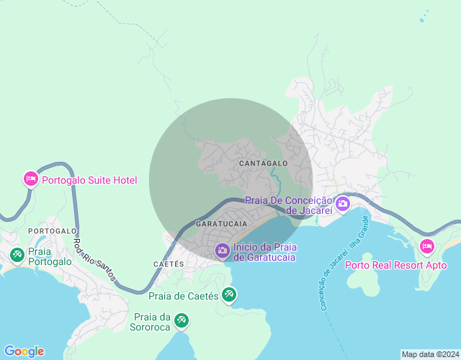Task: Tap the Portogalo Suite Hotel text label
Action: coord(89,180)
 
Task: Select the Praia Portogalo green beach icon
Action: coord(17,254)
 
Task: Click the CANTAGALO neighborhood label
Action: coord(264,163)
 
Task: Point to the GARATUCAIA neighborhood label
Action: coord(222,225)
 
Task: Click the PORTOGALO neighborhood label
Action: coord(53,230)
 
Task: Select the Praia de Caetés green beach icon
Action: coord(229,294)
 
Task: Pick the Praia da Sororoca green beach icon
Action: coord(182,319)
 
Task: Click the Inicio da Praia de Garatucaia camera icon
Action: coord(223,251)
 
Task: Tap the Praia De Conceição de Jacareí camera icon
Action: coord(342,204)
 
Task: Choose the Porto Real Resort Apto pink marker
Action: coord(427,247)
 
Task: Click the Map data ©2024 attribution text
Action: coord(430,354)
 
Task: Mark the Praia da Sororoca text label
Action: coord(152,323)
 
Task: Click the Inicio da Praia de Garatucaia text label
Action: coord(265,252)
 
